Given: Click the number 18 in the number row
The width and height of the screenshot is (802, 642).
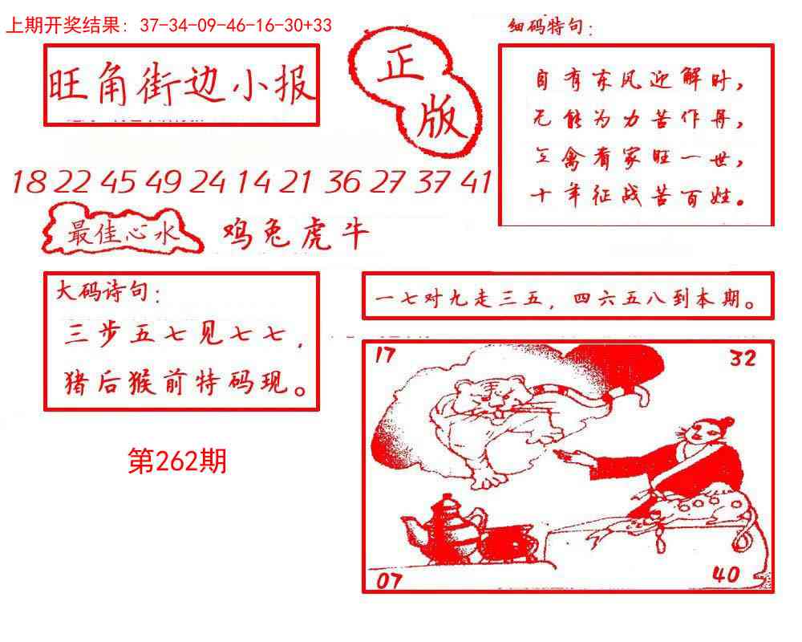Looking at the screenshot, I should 29,183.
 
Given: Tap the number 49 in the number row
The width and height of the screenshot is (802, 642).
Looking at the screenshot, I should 164,183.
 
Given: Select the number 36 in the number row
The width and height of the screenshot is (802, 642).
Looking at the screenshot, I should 342,183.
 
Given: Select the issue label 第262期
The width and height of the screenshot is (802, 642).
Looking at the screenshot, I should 177,461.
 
